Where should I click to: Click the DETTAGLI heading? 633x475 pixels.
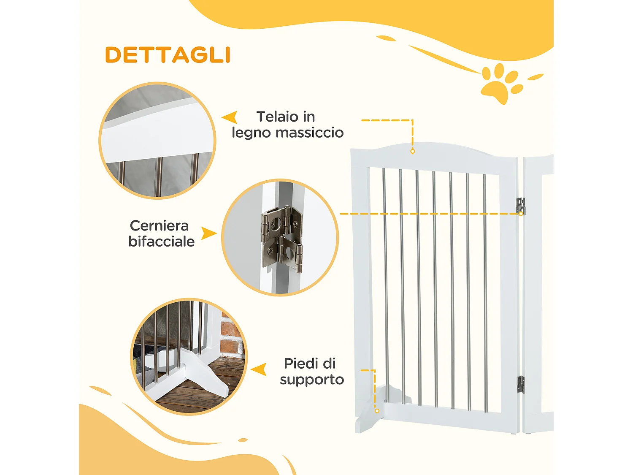[168, 55]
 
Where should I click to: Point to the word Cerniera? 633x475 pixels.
[159, 225]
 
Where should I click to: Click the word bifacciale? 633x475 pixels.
[162, 242]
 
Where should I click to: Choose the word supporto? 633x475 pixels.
[312, 379]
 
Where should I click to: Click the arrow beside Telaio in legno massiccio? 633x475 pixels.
[230, 117]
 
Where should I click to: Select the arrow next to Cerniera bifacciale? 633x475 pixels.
[208, 233]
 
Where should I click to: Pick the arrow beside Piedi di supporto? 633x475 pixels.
[259, 369]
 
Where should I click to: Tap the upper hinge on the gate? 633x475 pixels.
[521, 206]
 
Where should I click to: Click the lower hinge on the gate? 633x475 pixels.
[521, 384]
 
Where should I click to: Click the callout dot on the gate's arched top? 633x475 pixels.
[413, 151]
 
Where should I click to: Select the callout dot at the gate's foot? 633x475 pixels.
[377, 411]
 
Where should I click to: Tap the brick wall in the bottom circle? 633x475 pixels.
[232, 338]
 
